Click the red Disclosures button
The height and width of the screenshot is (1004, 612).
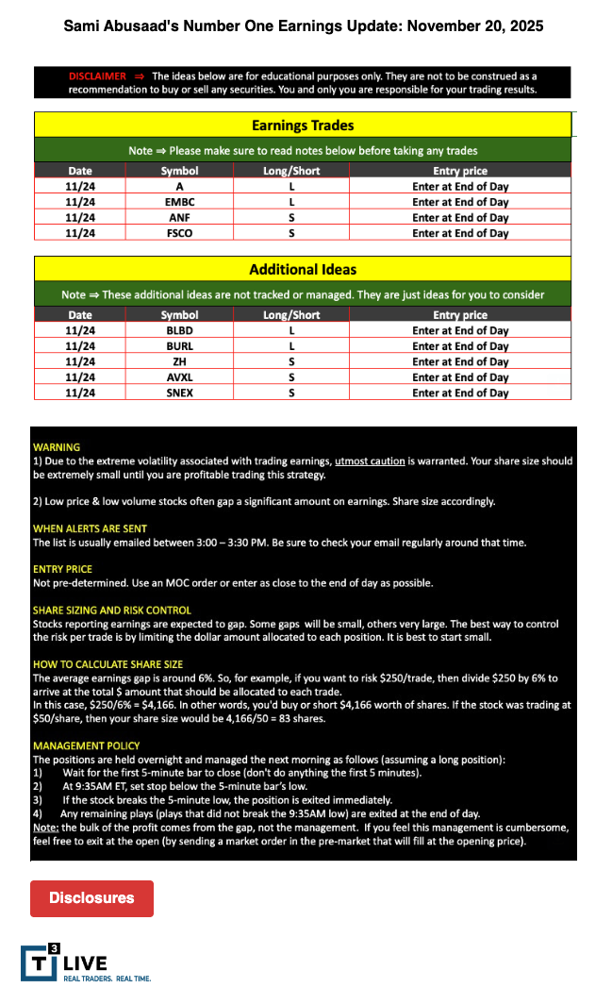[x=91, y=897]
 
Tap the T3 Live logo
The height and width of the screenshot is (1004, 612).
[x=64, y=962]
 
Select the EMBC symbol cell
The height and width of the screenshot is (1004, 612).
[x=179, y=202]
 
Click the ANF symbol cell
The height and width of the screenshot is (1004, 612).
[x=179, y=217]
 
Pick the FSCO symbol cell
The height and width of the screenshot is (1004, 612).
[x=179, y=232]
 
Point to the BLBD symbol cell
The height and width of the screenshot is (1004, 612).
[x=179, y=330]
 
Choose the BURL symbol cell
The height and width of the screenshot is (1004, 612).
[x=179, y=346]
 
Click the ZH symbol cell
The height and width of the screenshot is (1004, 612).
[x=179, y=361]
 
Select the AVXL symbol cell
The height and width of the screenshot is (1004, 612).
[x=179, y=377]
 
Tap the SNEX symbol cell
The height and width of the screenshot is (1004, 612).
[x=179, y=393]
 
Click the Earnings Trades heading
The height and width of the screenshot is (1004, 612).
[x=303, y=125]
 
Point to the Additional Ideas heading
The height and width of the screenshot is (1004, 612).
[x=303, y=269]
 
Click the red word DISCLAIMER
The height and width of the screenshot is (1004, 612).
[x=97, y=76]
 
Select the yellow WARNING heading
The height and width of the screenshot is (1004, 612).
[x=57, y=447]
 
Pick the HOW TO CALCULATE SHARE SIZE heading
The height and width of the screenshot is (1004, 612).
[x=108, y=664]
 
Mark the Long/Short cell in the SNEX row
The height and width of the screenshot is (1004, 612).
[x=291, y=393]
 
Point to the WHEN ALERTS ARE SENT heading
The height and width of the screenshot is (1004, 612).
[x=90, y=528]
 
